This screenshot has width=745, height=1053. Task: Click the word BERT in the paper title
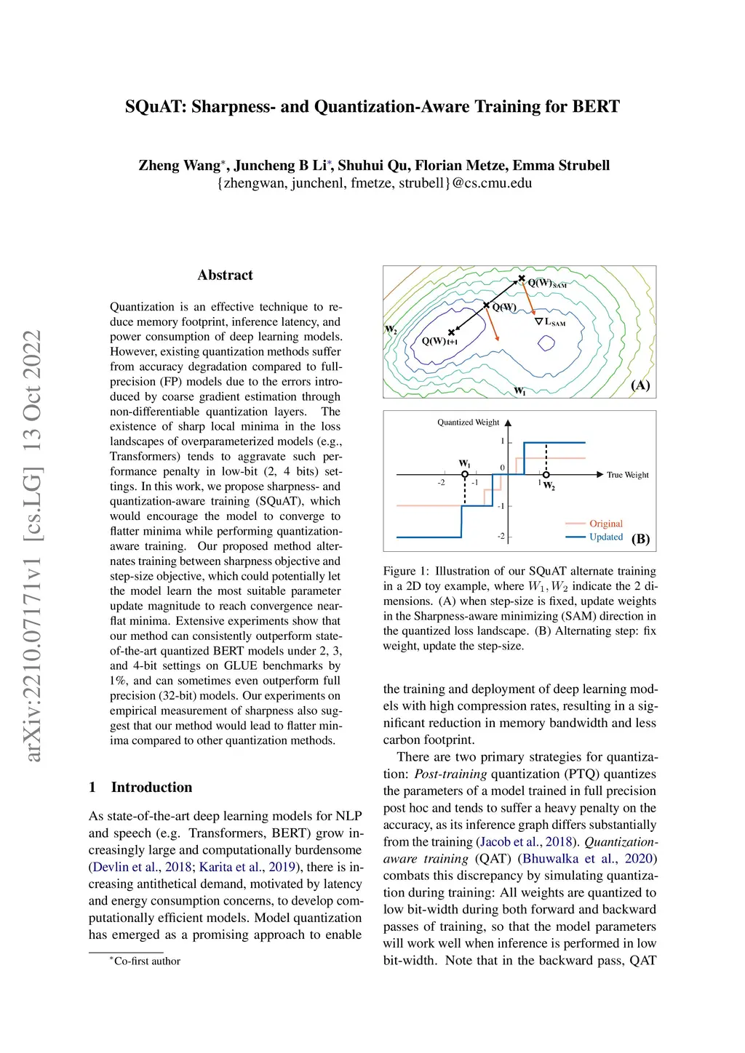click(596, 107)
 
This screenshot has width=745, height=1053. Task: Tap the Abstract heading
click(225, 275)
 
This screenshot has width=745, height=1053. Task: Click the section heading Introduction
click(151, 787)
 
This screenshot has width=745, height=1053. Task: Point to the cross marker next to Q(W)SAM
click(522, 279)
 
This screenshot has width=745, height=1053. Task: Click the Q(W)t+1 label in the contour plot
click(439, 341)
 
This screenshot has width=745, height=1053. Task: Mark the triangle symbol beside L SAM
click(538, 321)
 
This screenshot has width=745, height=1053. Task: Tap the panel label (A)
click(640, 385)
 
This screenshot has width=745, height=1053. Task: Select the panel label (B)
click(640, 539)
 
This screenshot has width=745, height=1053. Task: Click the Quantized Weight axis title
click(468, 423)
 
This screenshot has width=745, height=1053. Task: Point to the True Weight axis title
click(628, 475)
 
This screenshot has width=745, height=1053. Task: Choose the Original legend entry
click(606, 524)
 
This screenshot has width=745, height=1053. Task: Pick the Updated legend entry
click(606, 537)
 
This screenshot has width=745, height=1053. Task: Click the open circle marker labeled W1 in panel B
click(465, 475)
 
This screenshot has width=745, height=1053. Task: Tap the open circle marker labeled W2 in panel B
click(546, 475)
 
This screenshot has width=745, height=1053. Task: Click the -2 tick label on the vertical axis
click(501, 536)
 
